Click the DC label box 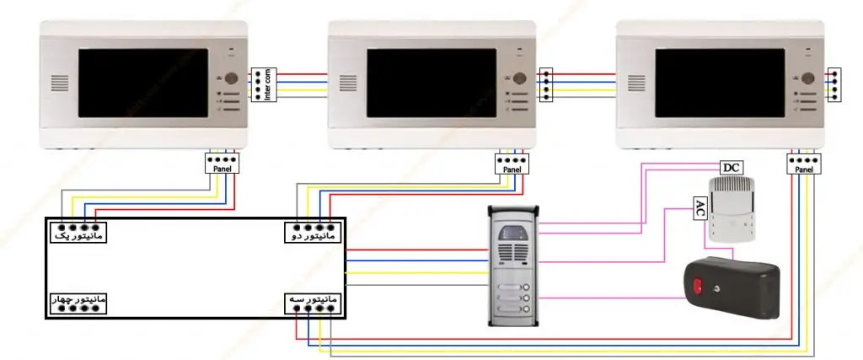732,168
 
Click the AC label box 699,207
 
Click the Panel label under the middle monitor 512,169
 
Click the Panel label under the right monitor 803,169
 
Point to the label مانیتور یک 77,236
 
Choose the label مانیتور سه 313,299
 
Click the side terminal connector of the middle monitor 546,85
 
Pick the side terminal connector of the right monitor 834,85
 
